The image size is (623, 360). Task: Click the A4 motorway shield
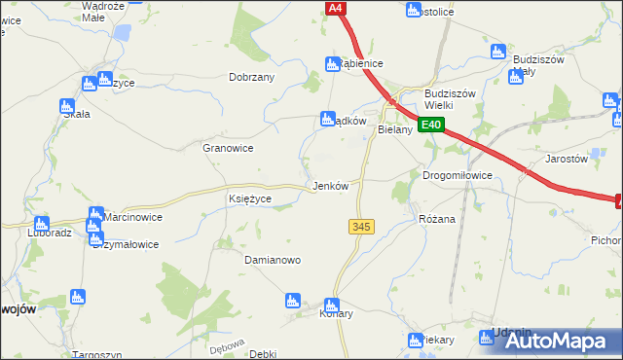pyautogui.click(x=335, y=8)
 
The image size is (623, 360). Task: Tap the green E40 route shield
pyautogui.click(x=432, y=125)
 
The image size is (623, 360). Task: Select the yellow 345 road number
pyautogui.click(x=360, y=226)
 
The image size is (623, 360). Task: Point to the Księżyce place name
pyautogui.click(x=249, y=198)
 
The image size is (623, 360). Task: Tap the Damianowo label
pyautogui.click(x=272, y=261)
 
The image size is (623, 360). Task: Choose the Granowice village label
pyautogui.click(x=228, y=148)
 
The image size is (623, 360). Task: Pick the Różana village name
pyautogui.click(x=437, y=219)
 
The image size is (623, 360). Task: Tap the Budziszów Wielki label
pyautogui.click(x=449, y=100)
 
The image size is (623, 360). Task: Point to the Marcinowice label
pyautogui.click(x=133, y=217)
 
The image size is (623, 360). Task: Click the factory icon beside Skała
pyautogui.click(x=67, y=106)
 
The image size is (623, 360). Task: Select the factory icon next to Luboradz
pyautogui.click(x=41, y=224)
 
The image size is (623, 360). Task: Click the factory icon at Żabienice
pyautogui.click(x=331, y=64)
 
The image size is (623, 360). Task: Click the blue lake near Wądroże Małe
pyautogui.click(x=122, y=33)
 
